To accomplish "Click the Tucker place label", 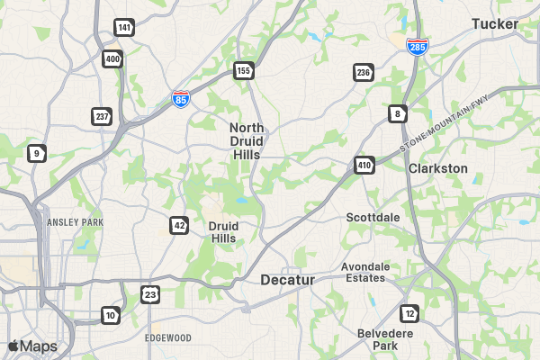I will [x=495, y=23].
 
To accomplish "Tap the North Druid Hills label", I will [x=246, y=141].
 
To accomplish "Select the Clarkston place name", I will [x=438, y=168].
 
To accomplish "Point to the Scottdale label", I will [x=373, y=217].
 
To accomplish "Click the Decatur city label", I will [x=288, y=280].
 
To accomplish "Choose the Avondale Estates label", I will [x=365, y=272].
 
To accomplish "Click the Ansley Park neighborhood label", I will [x=75, y=221].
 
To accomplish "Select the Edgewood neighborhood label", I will [x=168, y=337].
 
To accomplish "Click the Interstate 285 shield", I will [x=417, y=45].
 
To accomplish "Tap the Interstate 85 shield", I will [x=181, y=98].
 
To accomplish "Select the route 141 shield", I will [x=124, y=28].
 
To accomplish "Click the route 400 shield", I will [x=112, y=59].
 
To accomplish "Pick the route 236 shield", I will [x=364, y=72].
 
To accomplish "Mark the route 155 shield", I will [x=244, y=69].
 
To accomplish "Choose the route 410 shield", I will [x=364, y=165].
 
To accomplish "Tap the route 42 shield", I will [x=179, y=224].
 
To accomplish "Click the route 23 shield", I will [x=150, y=293].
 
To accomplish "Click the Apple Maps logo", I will [x=32, y=346].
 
